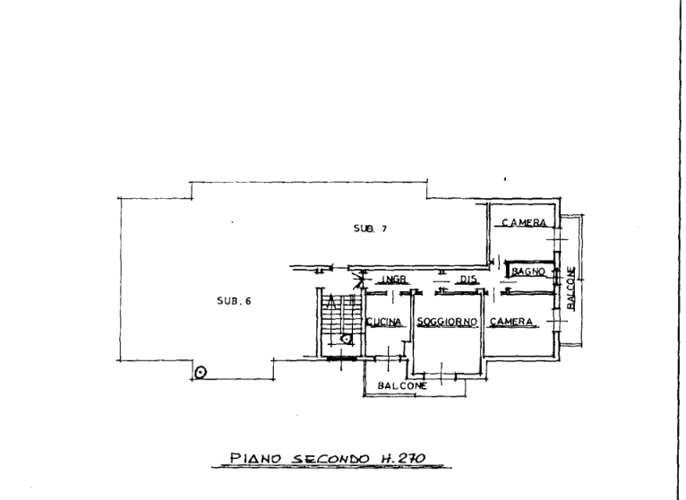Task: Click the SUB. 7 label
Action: pos(370,228)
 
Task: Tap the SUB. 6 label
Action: pos(234,301)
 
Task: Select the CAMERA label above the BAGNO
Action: pos(524,222)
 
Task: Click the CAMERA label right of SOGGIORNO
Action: pos(511,322)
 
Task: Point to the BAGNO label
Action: pos(528,272)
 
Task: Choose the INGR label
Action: pos(394,280)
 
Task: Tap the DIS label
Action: pos(467,280)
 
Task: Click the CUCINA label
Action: pos(383,323)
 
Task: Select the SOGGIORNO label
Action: pos(447,323)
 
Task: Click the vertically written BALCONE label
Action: pos(571,289)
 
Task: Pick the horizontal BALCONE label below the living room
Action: pos(402,385)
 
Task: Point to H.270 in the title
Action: pos(400,458)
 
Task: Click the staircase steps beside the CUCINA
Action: pos(341,315)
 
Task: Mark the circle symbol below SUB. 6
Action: pos(201,373)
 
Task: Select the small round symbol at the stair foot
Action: pos(346,339)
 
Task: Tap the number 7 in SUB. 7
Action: pos(383,228)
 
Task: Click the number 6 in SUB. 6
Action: pos(248,301)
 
